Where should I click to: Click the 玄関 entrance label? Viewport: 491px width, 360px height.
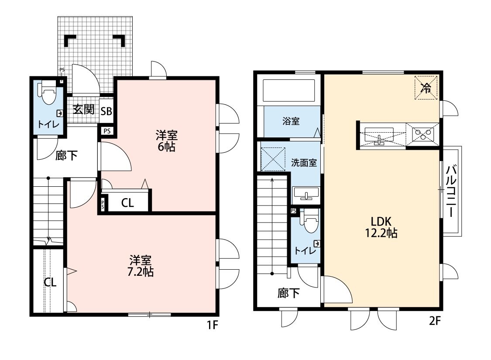[x=84, y=110]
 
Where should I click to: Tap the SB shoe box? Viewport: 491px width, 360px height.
[x=106, y=111]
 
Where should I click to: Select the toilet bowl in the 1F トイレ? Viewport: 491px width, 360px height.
[x=48, y=93]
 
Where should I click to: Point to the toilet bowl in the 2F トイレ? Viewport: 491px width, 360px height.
[x=310, y=221]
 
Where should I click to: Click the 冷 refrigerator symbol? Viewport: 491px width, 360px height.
[x=426, y=88]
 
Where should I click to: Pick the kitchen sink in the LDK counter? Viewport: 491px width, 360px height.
[x=379, y=136]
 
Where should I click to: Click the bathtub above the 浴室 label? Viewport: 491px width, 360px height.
[x=288, y=91]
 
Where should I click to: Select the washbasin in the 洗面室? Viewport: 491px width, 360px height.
[x=306, y=193]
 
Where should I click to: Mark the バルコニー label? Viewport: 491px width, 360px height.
[x=451, y=191]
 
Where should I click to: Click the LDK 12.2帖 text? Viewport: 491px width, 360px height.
[x=381, y=227]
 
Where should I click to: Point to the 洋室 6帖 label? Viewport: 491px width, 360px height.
[x=167, y=141]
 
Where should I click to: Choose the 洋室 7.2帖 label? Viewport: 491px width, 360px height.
[x=140, y=266]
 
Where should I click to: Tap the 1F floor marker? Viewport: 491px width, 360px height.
[x=212, y=325]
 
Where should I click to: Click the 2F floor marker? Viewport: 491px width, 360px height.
[x=435, y=321]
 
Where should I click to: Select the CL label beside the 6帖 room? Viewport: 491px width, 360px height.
[x=127, y=203]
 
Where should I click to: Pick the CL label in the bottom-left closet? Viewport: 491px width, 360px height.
[x=50, y=282]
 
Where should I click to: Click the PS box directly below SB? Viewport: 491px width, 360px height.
[x=107, y=131]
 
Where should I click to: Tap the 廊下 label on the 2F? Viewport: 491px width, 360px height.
[x=288, y=293]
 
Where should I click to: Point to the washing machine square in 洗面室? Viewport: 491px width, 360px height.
[x=273, y=159]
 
